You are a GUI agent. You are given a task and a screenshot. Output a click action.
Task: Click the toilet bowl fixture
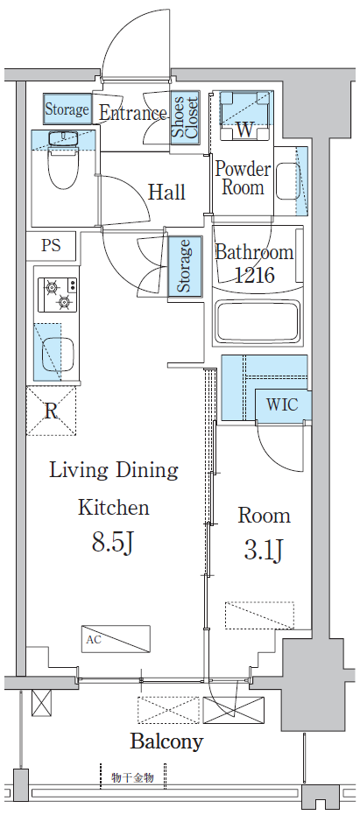pyautogui.click(x=63, y=166)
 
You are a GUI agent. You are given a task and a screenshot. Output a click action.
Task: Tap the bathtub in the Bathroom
pyautogui.click(x=258, y=323)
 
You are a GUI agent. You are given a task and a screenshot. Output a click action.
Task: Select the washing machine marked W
pyautogui.click(x=245, y=116)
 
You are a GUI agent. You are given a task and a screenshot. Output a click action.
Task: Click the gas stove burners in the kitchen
pyautogui.click(x=59, y=294)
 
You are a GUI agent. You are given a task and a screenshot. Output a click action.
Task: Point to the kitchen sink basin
pyautogui.click(x=57, y=354)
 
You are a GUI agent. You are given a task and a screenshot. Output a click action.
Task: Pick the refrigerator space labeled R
pyautogui.click(x=51, y=411)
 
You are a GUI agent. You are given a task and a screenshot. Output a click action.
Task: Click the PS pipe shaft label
pyautogui.click(x=51, y=245)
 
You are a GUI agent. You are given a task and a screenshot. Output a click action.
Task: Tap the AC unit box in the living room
pyautogui.click(x=116, y=639)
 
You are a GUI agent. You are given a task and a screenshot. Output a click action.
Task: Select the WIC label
pyautogui.click(x=283, y=404)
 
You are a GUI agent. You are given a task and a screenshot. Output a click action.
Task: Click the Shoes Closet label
pyautogui.click(x=185, y=117)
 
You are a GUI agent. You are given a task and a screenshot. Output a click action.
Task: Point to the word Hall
pyautogui.click(x=167, y=192)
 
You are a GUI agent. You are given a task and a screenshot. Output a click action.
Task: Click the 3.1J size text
pyautogui.click(x=264, y=551)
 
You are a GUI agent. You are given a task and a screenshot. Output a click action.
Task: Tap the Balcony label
pyautogui.click(x=166, y=741)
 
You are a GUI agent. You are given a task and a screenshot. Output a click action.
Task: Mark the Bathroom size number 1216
pyautogui.click(x=254, y=275)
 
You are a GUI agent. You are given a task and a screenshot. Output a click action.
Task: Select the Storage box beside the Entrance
pyautogui.click(x=67, y=109)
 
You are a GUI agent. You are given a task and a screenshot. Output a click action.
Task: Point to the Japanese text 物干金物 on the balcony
pyautogui.click(x=132, y=778)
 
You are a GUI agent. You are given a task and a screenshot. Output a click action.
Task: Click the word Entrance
pyautogui.click(x=132, y=113)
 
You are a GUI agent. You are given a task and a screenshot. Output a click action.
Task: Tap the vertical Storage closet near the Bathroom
pyautogui.click(x=185, y=266)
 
